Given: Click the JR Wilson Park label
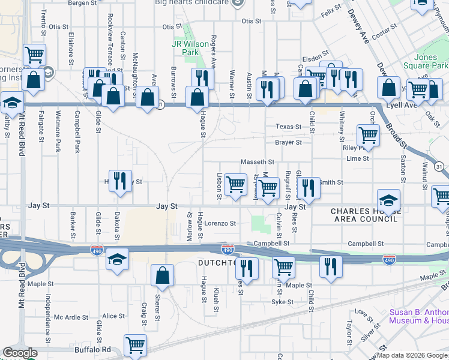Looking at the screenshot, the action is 185,48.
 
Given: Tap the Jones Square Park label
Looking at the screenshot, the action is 430,61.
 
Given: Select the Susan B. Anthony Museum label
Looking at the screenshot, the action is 418,316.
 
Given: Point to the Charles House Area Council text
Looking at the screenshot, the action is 364,215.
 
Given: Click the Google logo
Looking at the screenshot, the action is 20,353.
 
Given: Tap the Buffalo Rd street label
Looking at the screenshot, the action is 93,349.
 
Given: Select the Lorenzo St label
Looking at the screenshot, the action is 220,223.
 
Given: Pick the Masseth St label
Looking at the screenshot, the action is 257,162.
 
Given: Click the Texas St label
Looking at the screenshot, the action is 288,127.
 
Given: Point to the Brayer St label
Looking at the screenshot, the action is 288,143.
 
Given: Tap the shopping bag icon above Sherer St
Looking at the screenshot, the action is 162,275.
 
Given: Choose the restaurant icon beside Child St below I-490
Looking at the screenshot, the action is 330,266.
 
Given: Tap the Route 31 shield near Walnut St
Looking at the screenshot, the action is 439,166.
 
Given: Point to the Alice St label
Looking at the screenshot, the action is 113,316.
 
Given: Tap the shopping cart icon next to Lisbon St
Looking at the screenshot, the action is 237,184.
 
